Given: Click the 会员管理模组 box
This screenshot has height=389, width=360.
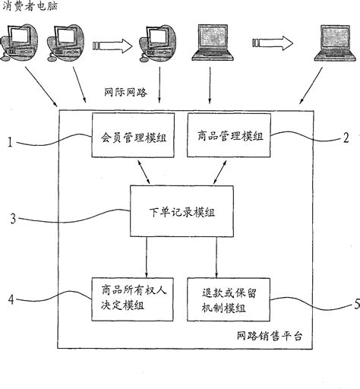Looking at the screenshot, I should [132, 136].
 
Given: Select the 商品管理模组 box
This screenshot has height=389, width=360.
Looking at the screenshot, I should [229, 136].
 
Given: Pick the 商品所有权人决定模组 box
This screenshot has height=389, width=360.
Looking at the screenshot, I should [132, 298].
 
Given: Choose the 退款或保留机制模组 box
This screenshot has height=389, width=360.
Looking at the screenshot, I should [229, 298].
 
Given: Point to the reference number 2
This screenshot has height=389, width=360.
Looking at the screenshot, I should [346, 138].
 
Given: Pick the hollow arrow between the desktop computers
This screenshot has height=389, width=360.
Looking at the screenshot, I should [113, 45].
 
